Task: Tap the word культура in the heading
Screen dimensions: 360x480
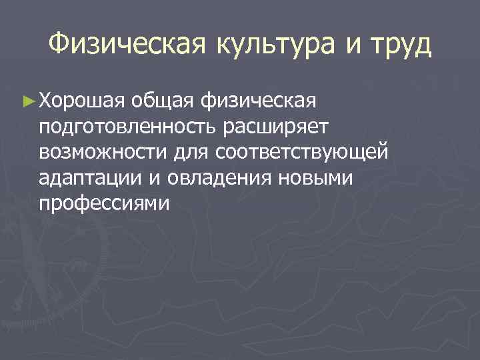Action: pos(280,45)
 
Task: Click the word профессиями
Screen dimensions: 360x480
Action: pos(105,204)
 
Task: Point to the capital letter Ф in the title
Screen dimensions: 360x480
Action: pos(59,45)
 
